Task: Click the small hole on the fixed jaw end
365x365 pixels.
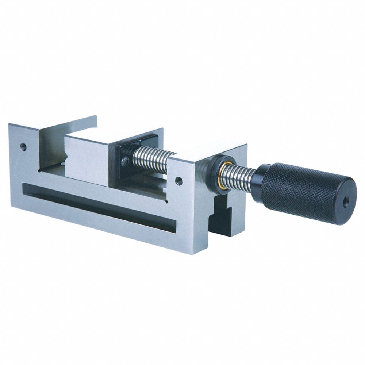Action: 23,147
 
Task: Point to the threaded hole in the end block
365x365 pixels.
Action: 179,181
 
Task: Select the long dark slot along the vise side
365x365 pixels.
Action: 99,208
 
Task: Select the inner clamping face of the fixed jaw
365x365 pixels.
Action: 51,146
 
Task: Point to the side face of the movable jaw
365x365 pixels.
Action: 88,161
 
